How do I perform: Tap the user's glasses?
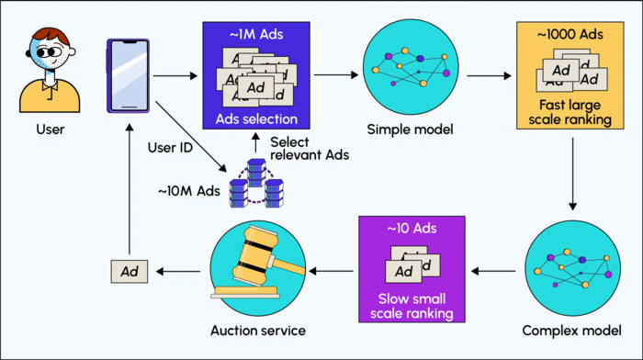(x=49, y=51)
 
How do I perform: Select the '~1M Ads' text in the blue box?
(x=251, y=35)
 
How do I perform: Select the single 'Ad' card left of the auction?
(x=130, y=271)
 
